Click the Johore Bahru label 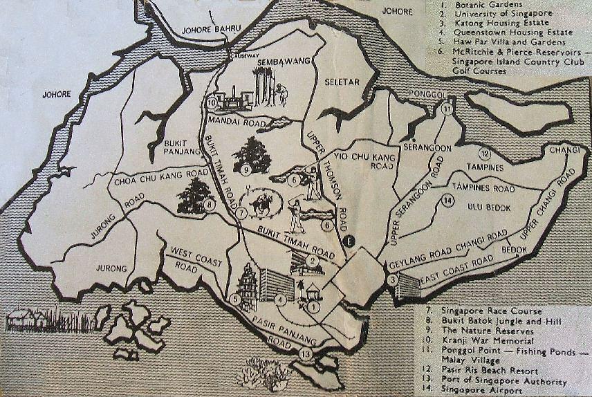coord(211,29)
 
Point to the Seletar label coord(342,82)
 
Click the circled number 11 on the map coord(447,109)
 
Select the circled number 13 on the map coord(306,355)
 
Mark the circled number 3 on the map coord(392,279)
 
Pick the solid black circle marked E coord(349,241)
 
